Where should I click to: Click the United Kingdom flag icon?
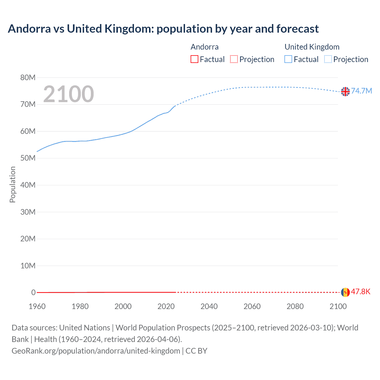tap(345, 91)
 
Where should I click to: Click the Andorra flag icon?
tap(345, 292)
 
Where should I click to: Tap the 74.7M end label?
tap(361, 91)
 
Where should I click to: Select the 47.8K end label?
tap(361, 292)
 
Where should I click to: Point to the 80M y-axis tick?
tap(28, 78)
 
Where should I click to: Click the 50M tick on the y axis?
tap(28, 158)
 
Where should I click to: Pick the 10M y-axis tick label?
tap(28, 266)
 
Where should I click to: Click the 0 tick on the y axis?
tap(33, 292)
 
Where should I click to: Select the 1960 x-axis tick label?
tap(37, 306)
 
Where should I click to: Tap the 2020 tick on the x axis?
tap(166, 306)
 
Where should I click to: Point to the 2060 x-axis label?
tap(252, 306)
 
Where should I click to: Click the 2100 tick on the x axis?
tap(338, 306)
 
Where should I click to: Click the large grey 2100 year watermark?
tap(69, 94)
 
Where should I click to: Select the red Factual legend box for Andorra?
tap(194, 59)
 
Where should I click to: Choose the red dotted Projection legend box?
tap(234, 59)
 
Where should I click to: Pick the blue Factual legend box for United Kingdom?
tap(288, 59)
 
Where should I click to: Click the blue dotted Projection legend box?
tap(328, 59)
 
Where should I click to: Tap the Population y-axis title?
tap(12, 184)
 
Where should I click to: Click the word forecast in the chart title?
tap(297, 29)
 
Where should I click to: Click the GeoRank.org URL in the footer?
tap(96, 351)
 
